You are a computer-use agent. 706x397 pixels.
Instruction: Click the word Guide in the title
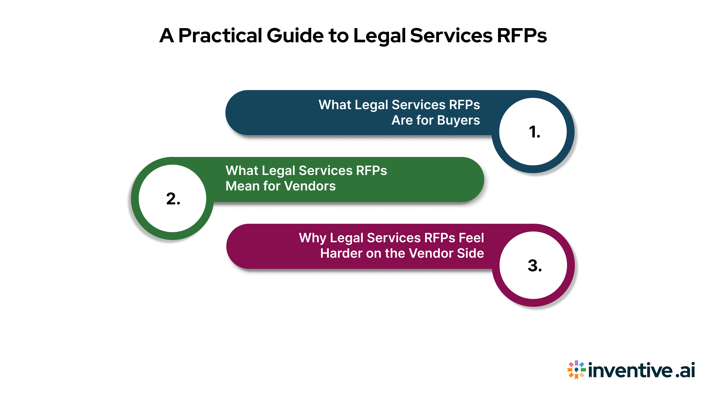295,36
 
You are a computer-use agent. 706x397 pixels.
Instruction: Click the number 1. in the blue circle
534,132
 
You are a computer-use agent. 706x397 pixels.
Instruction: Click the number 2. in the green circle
173,199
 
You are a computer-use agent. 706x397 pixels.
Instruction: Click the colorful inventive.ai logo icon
576,370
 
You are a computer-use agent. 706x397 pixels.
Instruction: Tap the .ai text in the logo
685,370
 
